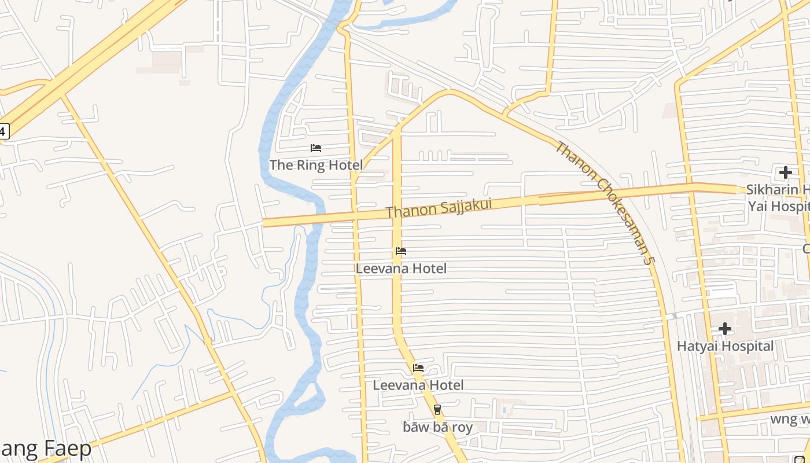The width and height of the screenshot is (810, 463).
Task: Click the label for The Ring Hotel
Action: point(316,165)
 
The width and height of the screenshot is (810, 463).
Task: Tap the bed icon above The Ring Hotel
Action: point(316,148)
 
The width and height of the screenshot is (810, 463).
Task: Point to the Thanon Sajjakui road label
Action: point(439,208)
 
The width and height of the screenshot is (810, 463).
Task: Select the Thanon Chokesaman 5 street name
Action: point(604,203)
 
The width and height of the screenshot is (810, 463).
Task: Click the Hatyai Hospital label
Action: point(725,346)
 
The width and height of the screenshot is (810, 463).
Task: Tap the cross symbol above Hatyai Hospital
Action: point(724,329)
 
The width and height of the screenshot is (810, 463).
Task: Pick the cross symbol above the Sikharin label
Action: point(785,172)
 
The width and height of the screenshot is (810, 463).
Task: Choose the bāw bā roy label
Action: point(437,427)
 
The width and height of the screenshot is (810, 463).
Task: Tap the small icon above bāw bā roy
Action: point(437,410)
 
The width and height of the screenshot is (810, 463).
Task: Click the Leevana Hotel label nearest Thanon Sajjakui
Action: point(401,269)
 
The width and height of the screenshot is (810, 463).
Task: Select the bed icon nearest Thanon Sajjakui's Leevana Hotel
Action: point(401,251)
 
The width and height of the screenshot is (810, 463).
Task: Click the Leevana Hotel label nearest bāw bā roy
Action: point(418,385)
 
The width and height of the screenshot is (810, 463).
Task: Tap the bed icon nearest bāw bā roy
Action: point(418,368)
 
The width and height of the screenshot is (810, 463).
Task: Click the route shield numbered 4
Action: point(3,131)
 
